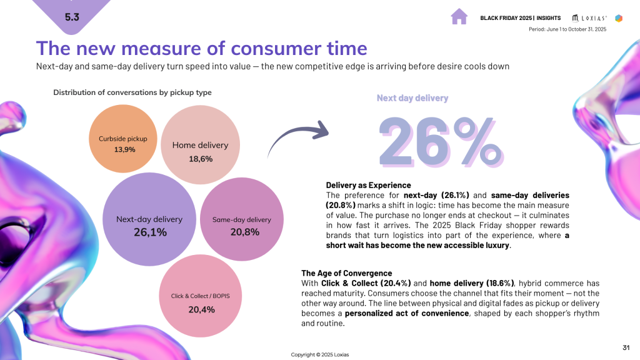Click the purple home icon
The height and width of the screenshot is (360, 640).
point(459,17)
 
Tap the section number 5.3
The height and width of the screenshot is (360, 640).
point(72,17)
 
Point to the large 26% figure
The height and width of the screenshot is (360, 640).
point(440,141)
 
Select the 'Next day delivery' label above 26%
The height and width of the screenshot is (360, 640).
point(412,98)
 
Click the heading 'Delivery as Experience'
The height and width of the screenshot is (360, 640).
point(369,185)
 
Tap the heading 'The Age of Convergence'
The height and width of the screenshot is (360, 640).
point(346,273)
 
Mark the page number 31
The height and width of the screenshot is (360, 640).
point(626,347)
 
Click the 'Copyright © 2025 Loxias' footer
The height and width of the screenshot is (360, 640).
point(320,354)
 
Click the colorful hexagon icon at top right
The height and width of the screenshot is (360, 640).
point(619,18)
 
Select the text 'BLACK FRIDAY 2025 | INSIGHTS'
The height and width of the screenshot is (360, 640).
point(520,18)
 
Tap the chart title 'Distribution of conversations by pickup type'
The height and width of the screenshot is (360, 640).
point(132,92)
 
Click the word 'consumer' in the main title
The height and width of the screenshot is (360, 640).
point(272,49)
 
